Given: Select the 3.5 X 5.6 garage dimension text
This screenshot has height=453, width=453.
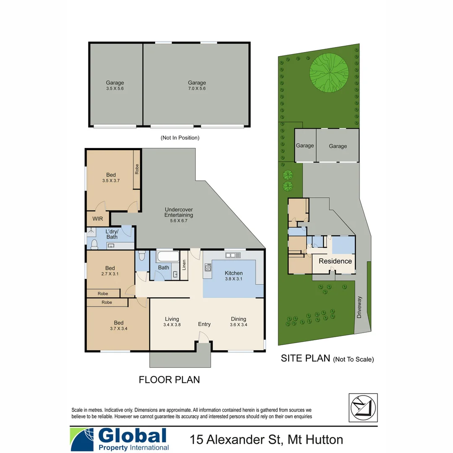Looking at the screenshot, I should tap(115, 89).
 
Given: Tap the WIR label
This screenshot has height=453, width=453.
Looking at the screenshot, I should tap(97, 219).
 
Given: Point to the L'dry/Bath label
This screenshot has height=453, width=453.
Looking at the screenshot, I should tap(112, 234).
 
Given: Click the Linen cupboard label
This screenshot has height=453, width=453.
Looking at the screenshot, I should tap(184, 266).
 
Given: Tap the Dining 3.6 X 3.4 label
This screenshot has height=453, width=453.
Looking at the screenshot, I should tap(238, 321).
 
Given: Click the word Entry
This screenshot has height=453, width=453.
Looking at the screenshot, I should tap(204, 324).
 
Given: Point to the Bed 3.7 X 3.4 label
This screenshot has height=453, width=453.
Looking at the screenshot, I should tap(119, 325).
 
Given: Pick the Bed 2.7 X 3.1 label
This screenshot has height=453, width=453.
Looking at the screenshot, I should tap(110, 271).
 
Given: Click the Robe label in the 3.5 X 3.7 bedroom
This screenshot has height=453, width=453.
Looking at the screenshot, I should tap(137, 169).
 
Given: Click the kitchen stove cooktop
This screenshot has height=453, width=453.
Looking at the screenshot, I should tap(207, 267).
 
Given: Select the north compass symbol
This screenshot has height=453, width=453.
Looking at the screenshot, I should tap(363, 407).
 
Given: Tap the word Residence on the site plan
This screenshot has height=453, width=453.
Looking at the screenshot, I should tap(335, 261).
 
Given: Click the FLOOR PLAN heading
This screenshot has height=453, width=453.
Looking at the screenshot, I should tap(169, 380).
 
